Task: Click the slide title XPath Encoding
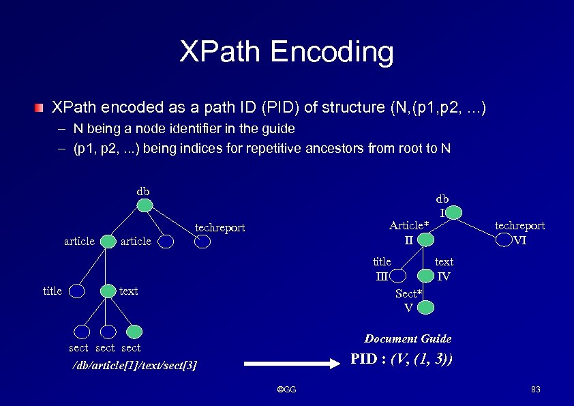(286, 53)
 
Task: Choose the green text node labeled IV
(426, 276)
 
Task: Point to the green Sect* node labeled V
(426, 307)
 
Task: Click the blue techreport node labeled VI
(504, 240)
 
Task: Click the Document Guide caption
(408, 338)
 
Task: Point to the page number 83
(535, 390)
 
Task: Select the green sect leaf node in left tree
(134, 332)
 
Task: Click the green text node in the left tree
(107, 291)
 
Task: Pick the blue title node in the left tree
(77, 291)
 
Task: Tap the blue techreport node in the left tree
(201, 240)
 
